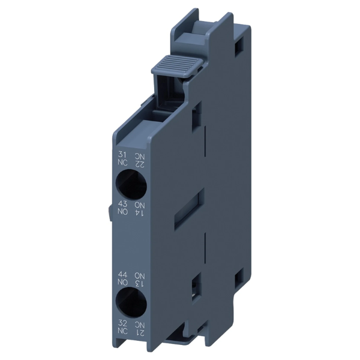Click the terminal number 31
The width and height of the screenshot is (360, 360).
122,155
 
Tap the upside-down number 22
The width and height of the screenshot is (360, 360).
140,164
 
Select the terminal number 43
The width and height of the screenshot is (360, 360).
122,203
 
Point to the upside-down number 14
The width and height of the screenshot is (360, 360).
140,212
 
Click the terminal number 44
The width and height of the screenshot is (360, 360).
122,275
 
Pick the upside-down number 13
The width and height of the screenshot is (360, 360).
140,284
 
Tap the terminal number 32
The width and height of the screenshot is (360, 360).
122,323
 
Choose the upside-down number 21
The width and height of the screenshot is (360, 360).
140,332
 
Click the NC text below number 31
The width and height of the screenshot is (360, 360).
122,163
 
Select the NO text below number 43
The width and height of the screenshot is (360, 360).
122,211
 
